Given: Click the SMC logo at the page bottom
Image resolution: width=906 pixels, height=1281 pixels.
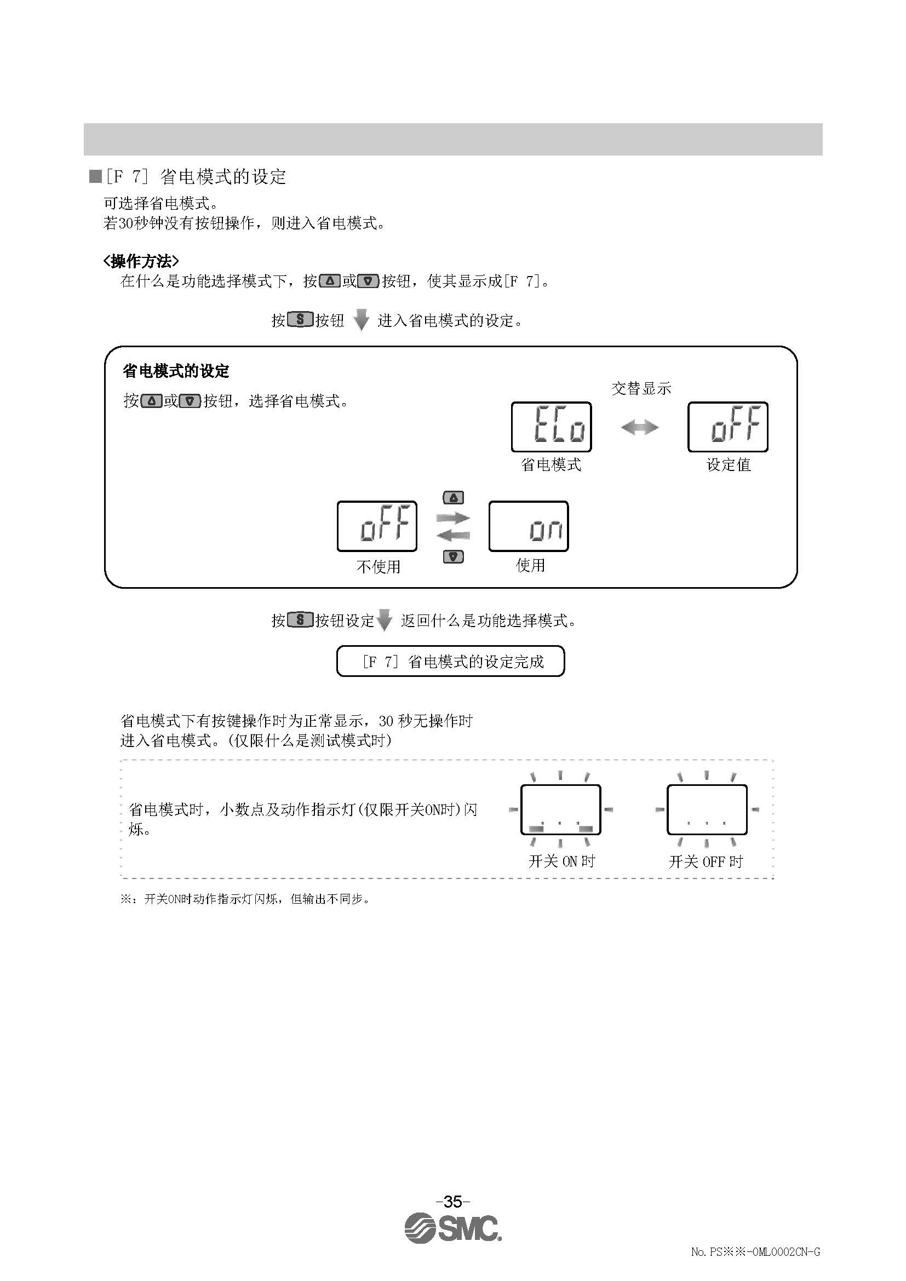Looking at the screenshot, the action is click(x=452, y=1228).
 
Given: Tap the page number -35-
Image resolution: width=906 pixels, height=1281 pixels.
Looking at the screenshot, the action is click(x=452, y=1201).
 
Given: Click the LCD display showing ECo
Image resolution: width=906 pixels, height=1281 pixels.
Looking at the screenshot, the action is click(x=551, y=427).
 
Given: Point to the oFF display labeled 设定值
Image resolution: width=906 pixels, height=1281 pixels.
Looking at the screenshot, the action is click(x=727, y=427).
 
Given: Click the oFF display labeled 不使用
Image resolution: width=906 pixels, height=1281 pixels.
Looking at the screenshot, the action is click(x=377, y=526).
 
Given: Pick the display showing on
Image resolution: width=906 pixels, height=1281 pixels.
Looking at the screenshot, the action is click(x=528, y=526).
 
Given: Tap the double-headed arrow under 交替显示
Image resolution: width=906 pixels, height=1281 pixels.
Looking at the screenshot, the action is click(x=639, y=428).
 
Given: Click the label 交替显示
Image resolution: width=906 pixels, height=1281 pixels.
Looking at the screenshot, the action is click(x=641, y=388).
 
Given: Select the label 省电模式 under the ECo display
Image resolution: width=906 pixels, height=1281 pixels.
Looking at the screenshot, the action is click(x=551, y=465).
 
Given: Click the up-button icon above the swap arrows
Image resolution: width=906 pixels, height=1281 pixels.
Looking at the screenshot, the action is click(x=453, y=498).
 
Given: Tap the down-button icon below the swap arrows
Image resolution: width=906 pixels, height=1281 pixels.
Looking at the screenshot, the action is click(x=453, y=557).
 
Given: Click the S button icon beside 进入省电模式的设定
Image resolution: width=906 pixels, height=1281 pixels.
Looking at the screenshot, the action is click(x=300, y=320).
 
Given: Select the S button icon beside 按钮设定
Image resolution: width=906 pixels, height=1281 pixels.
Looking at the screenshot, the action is click(x=300, y=620).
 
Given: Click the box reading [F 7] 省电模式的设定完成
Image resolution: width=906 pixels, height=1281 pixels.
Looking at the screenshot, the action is click(x=451, y=662).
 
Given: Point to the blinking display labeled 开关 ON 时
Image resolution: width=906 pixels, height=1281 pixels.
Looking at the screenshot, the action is click(x=560, y=809).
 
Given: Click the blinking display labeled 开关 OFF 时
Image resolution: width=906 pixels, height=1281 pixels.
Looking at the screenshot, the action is click(x=707, y=809).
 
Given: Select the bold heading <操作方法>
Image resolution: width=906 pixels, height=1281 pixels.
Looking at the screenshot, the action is click(x=141, y=261).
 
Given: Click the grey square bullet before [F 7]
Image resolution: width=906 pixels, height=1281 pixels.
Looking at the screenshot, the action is click(x=95, y=176).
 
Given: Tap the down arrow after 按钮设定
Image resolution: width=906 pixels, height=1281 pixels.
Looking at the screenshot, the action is click(x=385, y=621).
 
